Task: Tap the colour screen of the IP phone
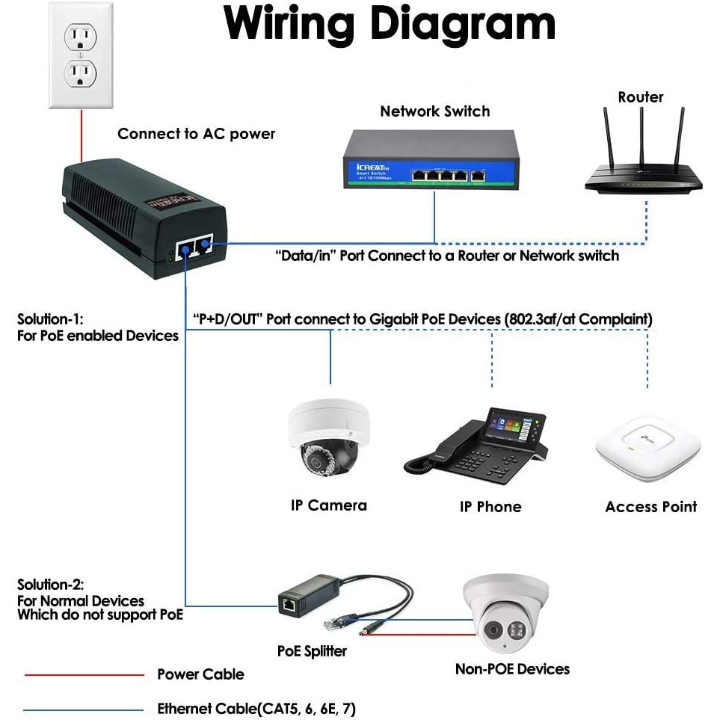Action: click(513, 425)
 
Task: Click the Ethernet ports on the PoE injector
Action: click(192, 249)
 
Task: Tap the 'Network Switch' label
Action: click(434, 111)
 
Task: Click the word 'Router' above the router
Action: click(641, 97)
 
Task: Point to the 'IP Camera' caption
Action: click(328, 505)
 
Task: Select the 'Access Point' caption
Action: click(650, 507)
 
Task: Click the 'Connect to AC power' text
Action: click(196, 134)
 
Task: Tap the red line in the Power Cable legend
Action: click(83, 675)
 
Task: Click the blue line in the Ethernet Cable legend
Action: click(83, 709)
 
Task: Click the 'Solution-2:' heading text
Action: click(51, 584)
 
